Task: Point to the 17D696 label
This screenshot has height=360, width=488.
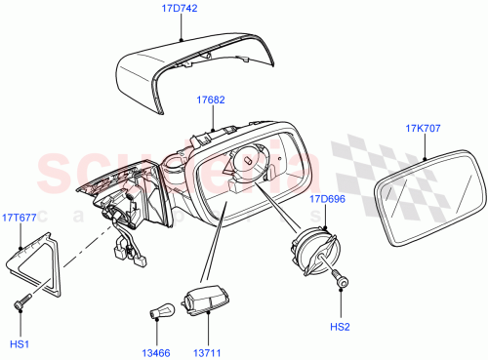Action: [328, 199]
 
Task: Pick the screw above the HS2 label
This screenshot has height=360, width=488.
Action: [341, 280]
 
